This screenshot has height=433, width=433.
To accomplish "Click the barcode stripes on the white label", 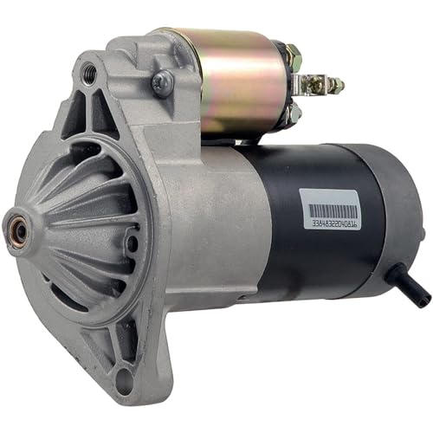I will coord(333,210).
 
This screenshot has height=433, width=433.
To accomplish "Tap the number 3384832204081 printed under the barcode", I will coord(333,223).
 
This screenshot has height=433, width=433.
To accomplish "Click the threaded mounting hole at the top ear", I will coord(88,74).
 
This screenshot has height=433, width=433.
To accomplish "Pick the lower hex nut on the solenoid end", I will coord(293,111).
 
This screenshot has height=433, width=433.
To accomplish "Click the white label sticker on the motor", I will coord(333,212).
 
